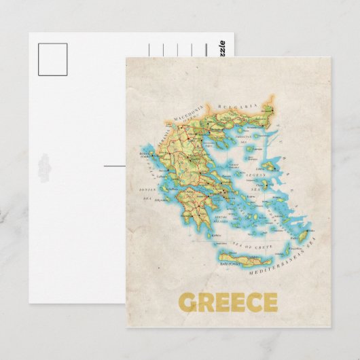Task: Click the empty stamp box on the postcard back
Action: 53,59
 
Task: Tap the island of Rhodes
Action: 298,228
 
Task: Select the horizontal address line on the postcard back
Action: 115,165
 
